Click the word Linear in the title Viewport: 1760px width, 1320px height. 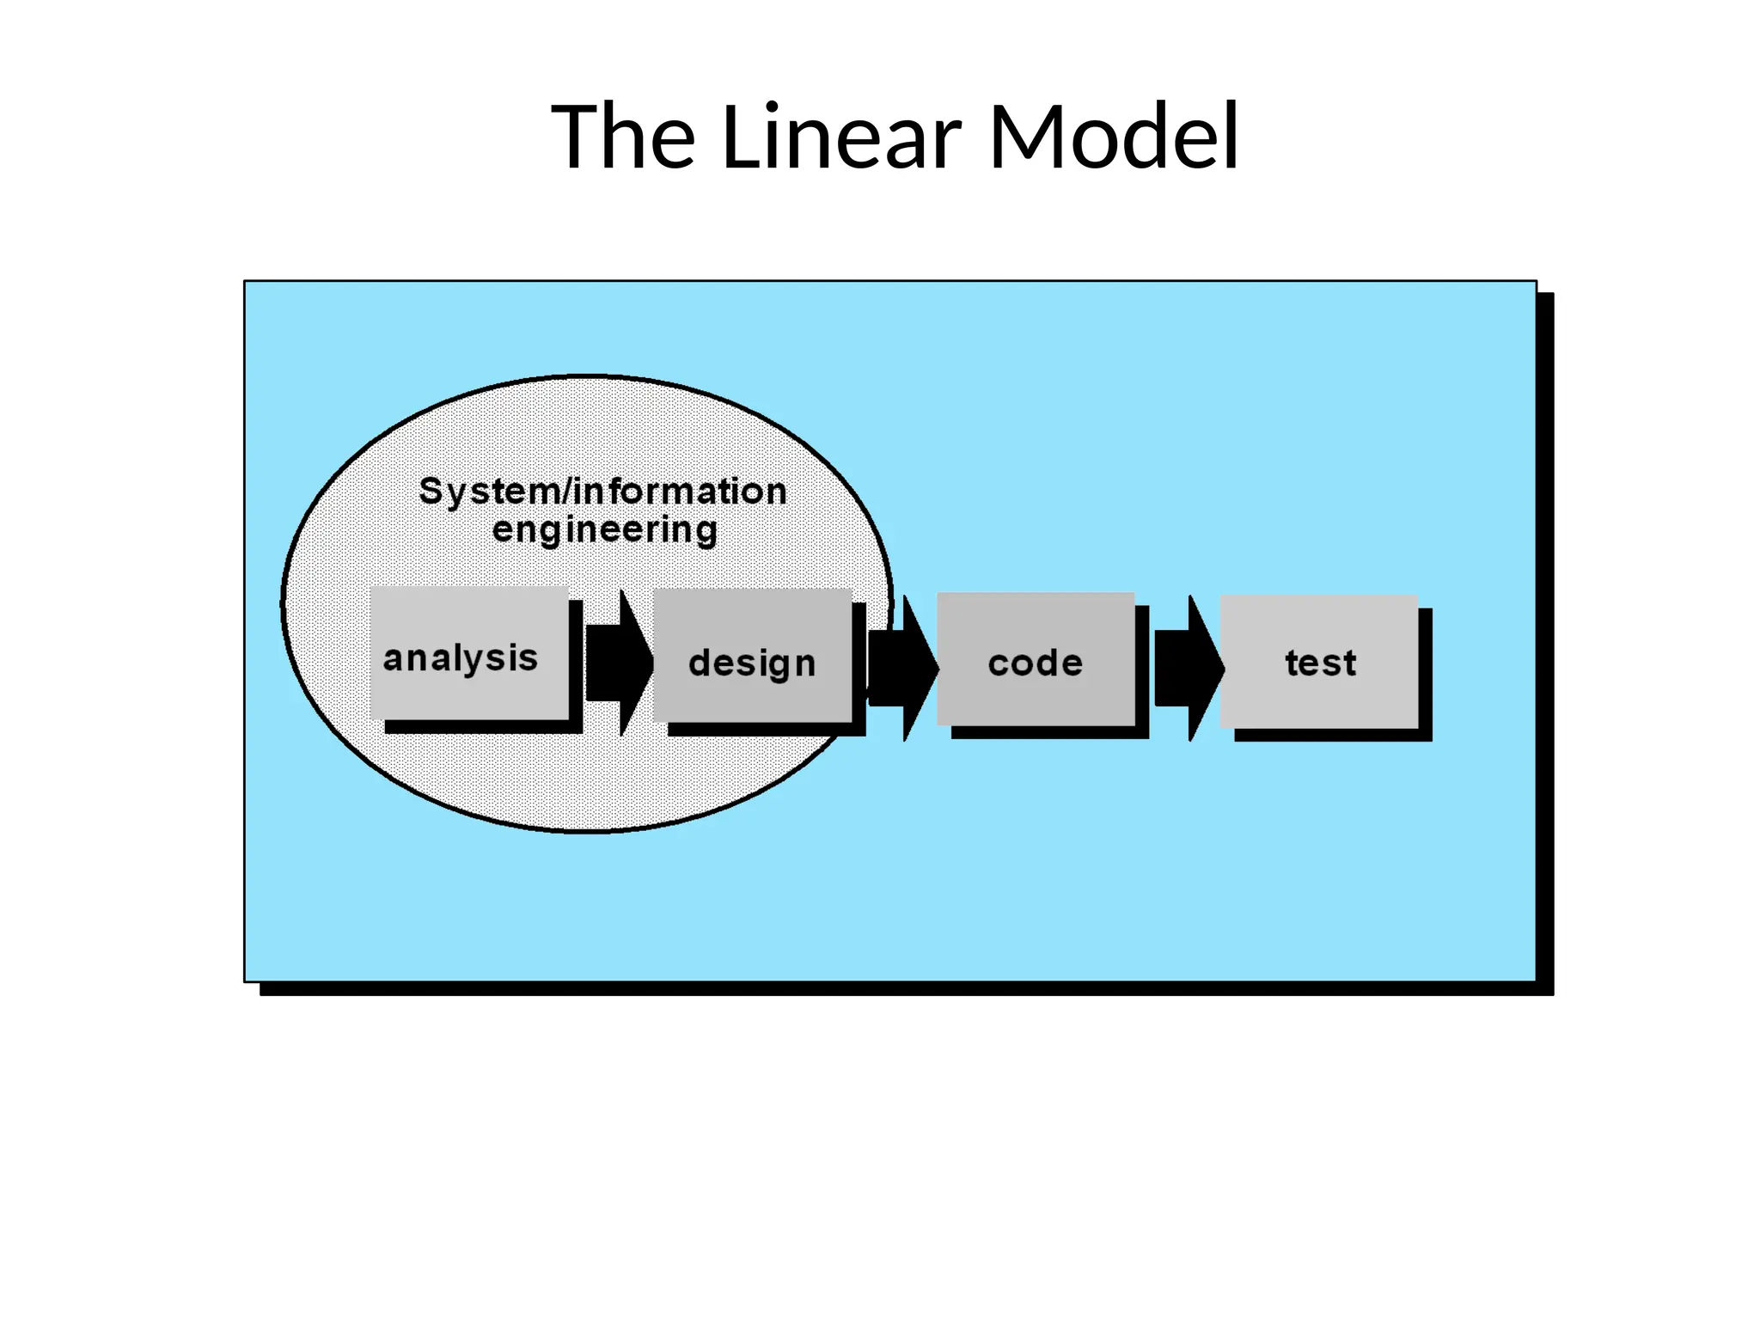pos(841,137)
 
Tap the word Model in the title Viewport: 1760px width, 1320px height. pos(1114,137)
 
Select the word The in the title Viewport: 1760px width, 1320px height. pos(623,137)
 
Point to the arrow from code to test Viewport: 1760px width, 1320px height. pos(1187,668)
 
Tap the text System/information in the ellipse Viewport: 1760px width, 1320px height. pos(602,492)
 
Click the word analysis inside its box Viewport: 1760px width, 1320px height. pos(461,659)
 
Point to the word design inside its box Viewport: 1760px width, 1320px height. pos(752,663)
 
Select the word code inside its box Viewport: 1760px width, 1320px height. pos(1036,663)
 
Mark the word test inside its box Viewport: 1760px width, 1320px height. pos(1321,663)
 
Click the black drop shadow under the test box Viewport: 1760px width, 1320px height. pos(1332,735)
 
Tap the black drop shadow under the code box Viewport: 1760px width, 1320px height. pos(1049,732)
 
